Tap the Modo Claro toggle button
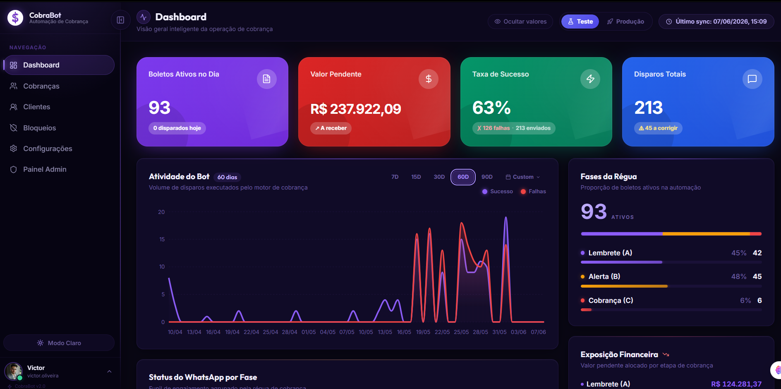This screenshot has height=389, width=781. (x=59, y=343)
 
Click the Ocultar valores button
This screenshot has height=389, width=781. (x=520, y=22)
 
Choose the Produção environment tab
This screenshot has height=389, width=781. (x=625, y=22)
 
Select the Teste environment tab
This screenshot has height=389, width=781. (x=580, y=22)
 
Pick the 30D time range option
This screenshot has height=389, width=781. (x=439, y=177)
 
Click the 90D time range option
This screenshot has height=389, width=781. (x=487, y=177)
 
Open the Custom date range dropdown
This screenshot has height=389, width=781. (x=522, y=177)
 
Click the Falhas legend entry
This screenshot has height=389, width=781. (x=533, y=192)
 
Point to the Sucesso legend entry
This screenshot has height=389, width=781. (x=498, y=192)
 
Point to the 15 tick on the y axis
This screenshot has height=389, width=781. (x=162, y=239)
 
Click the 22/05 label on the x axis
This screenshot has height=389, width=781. (x=442, y=332)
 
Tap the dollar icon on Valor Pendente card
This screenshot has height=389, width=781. (x=429, y=79)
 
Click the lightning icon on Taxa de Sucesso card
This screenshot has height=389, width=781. (x=590, y=79)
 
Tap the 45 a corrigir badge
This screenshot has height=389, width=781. (x=658, y=128)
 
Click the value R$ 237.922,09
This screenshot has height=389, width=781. (x=356, y=109)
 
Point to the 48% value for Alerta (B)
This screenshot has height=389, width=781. (x=739, y=276)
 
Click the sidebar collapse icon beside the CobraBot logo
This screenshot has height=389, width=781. (x=120, y=20)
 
